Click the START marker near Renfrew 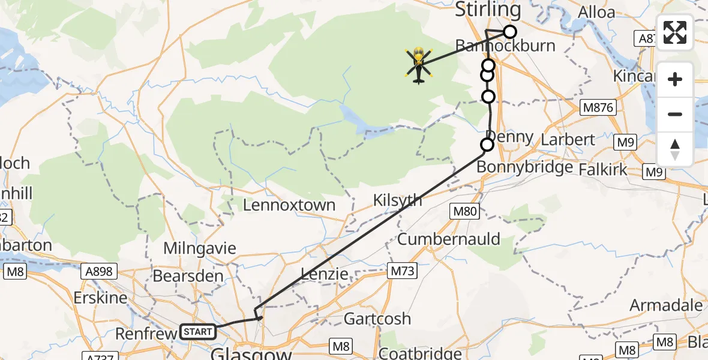coord(198,331)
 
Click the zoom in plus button coord(675,79)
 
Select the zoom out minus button coord(675,114)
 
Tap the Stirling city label coord(488,10)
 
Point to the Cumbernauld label coord(449,239)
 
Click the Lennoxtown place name coord(289,205)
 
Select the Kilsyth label coord(397,200)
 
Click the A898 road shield coord(99,271)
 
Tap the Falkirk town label coord(603,169)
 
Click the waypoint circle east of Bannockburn coord(509,32)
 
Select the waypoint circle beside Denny coord(487,145)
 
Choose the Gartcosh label coord(377,319)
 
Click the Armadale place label coord(666,305)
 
